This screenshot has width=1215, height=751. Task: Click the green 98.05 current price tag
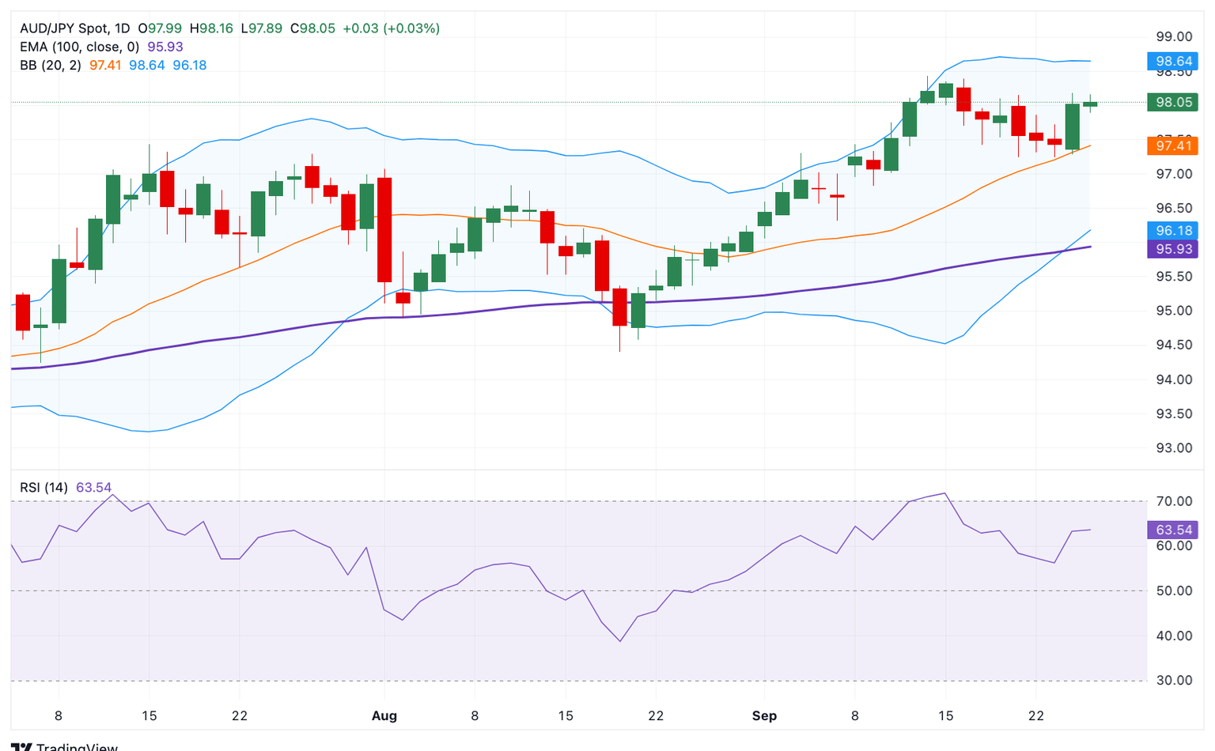click(x=1173, y=102)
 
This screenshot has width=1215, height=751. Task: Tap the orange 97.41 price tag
click(x=1173, y=145)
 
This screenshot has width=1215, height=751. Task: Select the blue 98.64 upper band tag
click(x=1173, y=61)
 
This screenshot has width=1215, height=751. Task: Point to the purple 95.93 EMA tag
click(x=1173, y=249)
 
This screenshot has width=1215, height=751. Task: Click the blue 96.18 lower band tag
click(x=1173, y=231)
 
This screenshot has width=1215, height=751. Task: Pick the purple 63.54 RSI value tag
click(x=1173, y=530)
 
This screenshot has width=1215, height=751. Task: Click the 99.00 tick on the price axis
click(x=1173, y=36)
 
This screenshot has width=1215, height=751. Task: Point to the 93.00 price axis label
click(x=1173, y=447)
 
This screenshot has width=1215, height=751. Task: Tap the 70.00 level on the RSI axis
click(x=1173, y=501)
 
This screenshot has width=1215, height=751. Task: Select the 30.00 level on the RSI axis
click(x=1173, y=680)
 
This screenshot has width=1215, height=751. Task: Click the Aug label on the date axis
click(x=384, y=716)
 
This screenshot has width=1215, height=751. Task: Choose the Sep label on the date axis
click(x=764, y=716)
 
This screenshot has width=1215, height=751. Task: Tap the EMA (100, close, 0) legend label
click(x=79, y=47)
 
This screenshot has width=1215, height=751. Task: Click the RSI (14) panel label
click(x=44, y=488)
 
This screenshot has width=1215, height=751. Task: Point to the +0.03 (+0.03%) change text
click(x=391, y=28)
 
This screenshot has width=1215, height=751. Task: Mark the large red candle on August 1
click(x=384, y=229)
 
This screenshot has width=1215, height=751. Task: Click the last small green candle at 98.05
click(x=1090, y=104)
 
